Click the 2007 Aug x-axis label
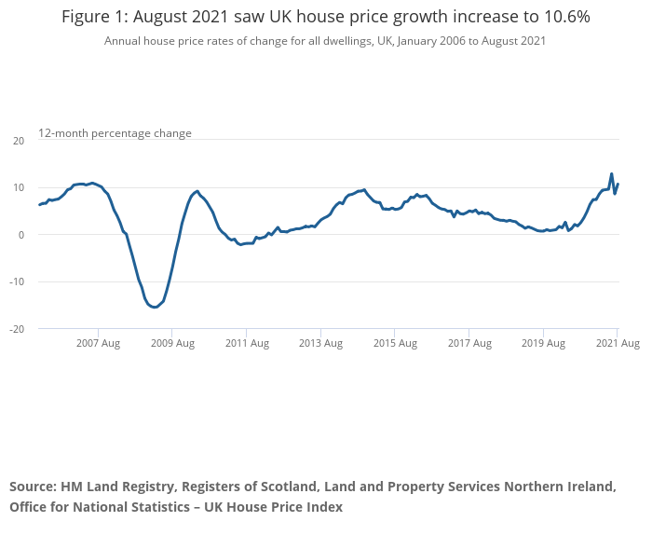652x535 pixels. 98,344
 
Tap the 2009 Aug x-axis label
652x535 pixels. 172,344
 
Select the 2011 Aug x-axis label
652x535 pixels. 247,344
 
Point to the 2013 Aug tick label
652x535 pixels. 321,344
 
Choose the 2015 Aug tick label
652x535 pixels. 395,344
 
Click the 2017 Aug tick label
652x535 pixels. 469,344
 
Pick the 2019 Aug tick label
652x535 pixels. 544,344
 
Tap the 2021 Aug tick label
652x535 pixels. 618,344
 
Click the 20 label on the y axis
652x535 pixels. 19,141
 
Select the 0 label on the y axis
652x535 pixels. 21,235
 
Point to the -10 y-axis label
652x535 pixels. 18,282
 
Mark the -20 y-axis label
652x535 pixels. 18,329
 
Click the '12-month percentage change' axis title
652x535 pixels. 115,133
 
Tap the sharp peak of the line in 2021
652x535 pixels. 611,173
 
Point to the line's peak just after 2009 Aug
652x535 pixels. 197,191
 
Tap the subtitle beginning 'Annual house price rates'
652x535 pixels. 325,41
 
